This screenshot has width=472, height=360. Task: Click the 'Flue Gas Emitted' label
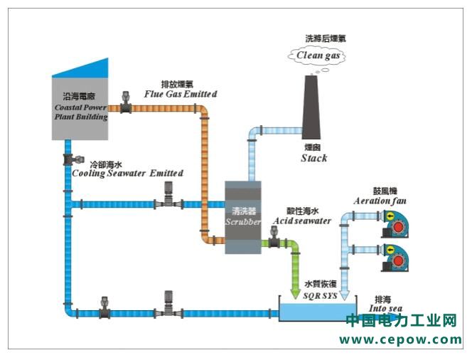pyautogui.click(x=180, y=94)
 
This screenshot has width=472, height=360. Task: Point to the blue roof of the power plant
pyautogui.click(x=82, y=68)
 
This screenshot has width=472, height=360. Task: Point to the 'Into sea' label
pyautogui.click(x=386, y=308)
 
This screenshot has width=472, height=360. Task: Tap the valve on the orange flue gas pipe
pyautogui.click(x=127, y=105)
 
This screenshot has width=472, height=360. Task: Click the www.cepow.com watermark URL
pyautogui.click(x=400, y=339)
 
